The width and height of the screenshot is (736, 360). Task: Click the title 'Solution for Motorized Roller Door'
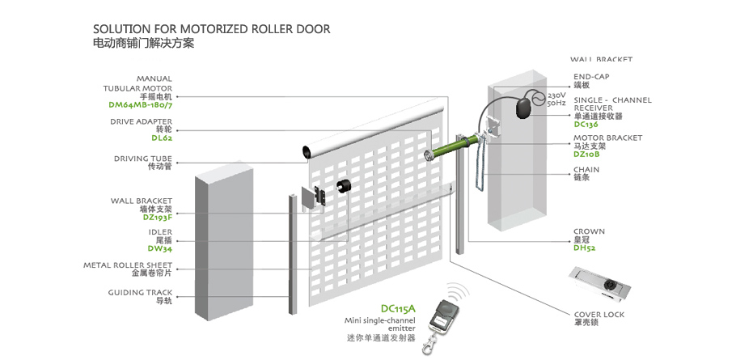pos(211,29)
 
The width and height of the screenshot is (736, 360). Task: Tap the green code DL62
pos(162,138)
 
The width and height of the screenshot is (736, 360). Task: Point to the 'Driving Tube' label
pos(142,159)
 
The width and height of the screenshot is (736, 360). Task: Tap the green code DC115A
pos(397,308)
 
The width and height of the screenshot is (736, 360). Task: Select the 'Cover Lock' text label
pos(599,315)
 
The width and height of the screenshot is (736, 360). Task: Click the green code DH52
pos(584,248)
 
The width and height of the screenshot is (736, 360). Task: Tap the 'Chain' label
pos(586,171)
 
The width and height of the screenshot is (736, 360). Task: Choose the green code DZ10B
pos(586,154)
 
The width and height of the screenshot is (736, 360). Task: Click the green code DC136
pos(586,125)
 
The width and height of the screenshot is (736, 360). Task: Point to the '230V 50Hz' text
pos(556,99)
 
